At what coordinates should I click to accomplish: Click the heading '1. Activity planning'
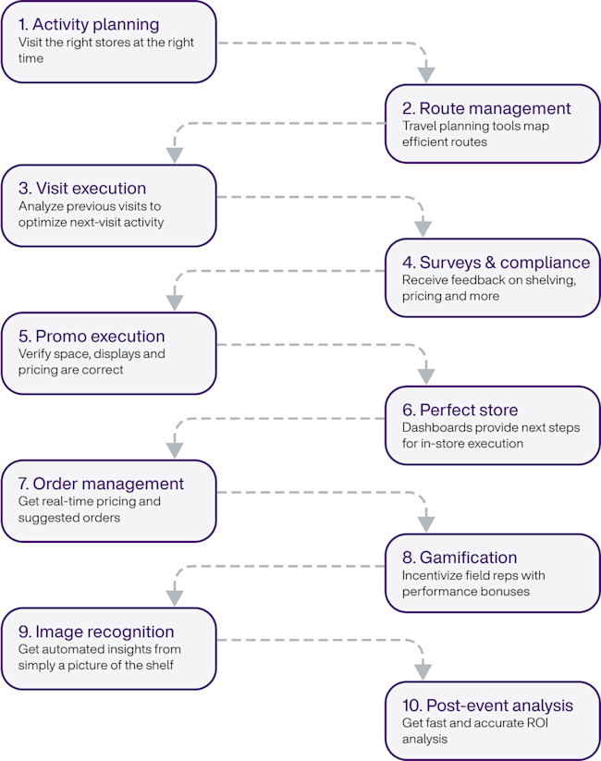pos(89,24)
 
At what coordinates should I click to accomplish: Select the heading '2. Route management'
pos(486,108)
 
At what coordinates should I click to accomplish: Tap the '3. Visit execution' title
pos(82,189)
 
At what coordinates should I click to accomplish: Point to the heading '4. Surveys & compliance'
pos(496,262)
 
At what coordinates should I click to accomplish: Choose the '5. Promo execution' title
pos(92,336)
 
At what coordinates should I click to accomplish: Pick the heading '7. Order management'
pos(101,484)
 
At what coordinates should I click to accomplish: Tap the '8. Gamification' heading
pos(460,558)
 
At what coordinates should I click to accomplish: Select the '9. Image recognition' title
pos(102,632)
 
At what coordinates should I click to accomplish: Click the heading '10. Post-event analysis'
pos(488,706)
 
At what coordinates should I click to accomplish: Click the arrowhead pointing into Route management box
pos(425,73)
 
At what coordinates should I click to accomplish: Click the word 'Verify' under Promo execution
pos(35,353)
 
